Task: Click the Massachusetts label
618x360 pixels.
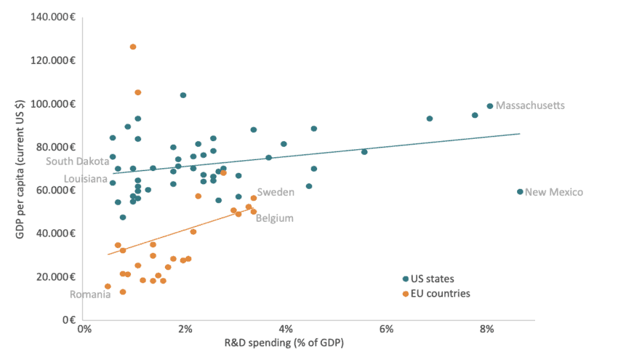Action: point(531,106)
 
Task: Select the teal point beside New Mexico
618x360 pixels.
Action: point(520,192)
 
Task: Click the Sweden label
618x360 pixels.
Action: point(276,192)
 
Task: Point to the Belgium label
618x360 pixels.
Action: point(275,217)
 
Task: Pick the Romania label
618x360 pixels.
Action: point(90,295)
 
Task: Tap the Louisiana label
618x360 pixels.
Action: point(85,179)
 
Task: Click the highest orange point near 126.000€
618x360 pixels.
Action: point(133,47)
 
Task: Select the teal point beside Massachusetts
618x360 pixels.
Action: point(490,106)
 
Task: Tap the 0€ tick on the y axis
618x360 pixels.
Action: point(69,319)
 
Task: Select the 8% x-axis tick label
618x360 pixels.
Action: point(487,329)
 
